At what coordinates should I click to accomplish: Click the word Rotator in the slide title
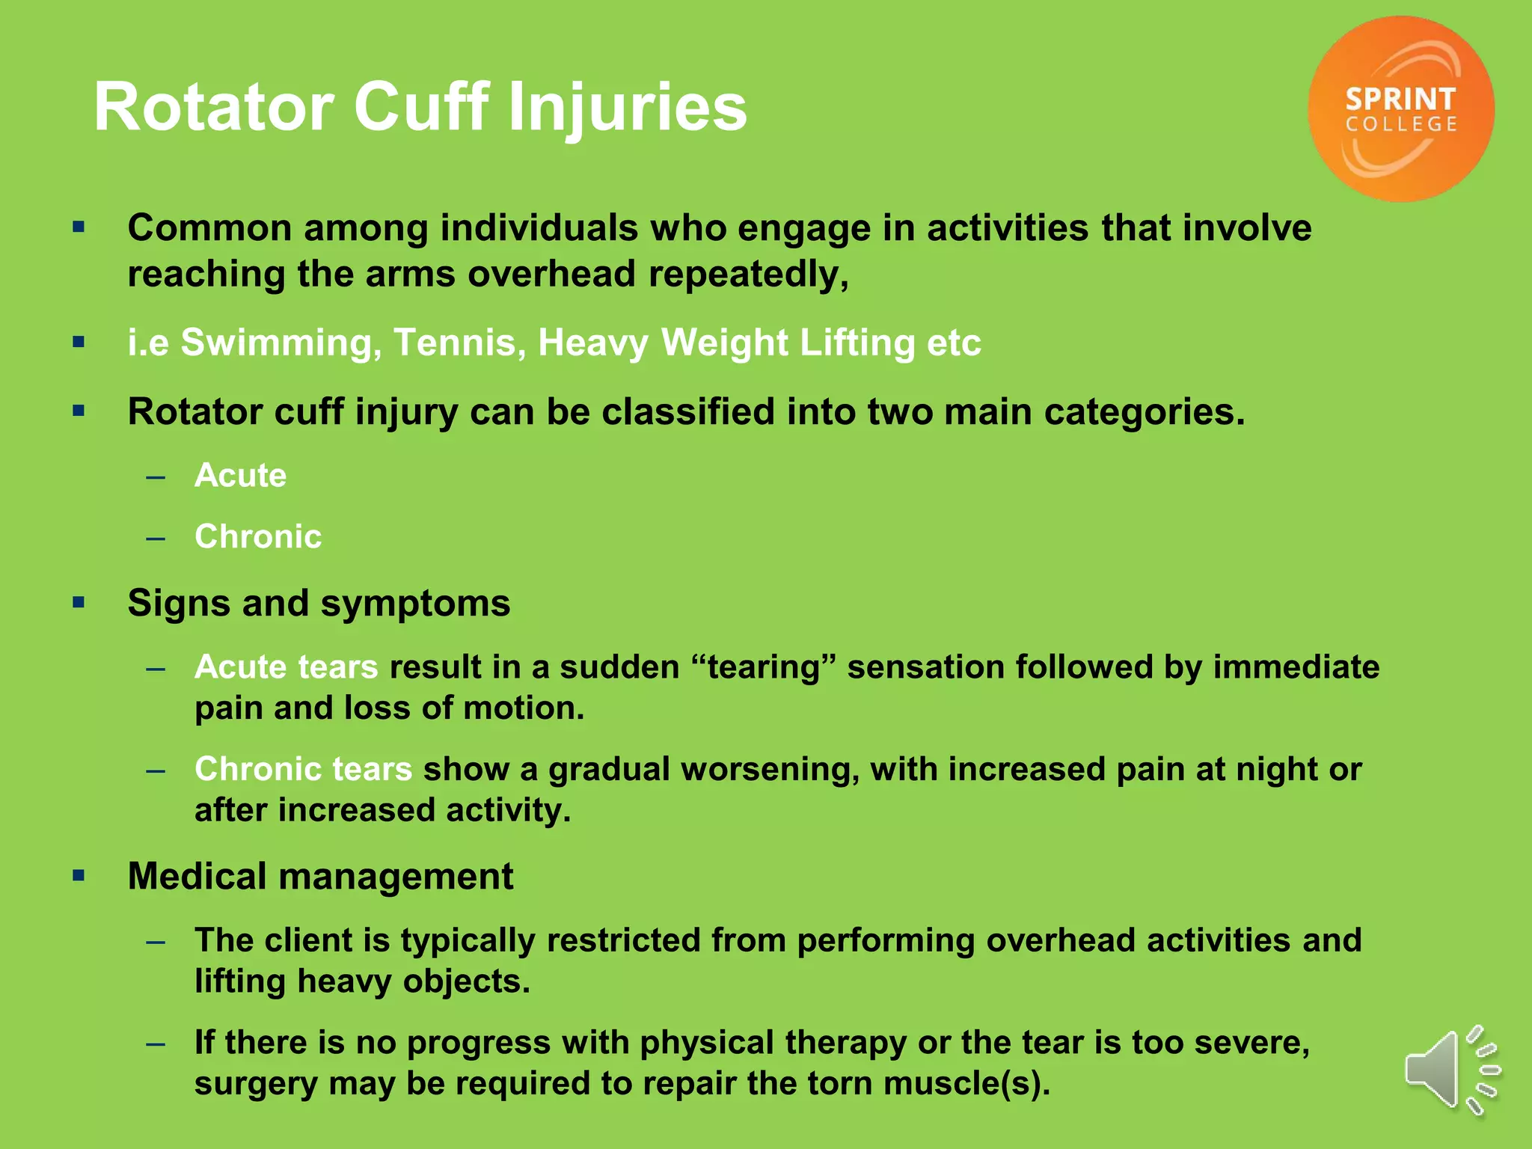click(213, 108)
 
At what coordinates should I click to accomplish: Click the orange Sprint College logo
click(1400, 109)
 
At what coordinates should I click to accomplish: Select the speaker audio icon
click(1451, 1070)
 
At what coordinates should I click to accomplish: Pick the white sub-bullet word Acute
click(240, 476)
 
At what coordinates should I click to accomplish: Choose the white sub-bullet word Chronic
click(258, 537)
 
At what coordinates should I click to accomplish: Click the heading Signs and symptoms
click(319, 604)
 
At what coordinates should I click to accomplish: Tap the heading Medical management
click(320, 877)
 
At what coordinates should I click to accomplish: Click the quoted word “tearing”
click(764, 667)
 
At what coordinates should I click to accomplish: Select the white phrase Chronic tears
click(303, 770)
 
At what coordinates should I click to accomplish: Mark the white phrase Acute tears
click(286, 667)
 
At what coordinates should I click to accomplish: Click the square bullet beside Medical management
click(79, 875)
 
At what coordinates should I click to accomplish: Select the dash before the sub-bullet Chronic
click(156, 538)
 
